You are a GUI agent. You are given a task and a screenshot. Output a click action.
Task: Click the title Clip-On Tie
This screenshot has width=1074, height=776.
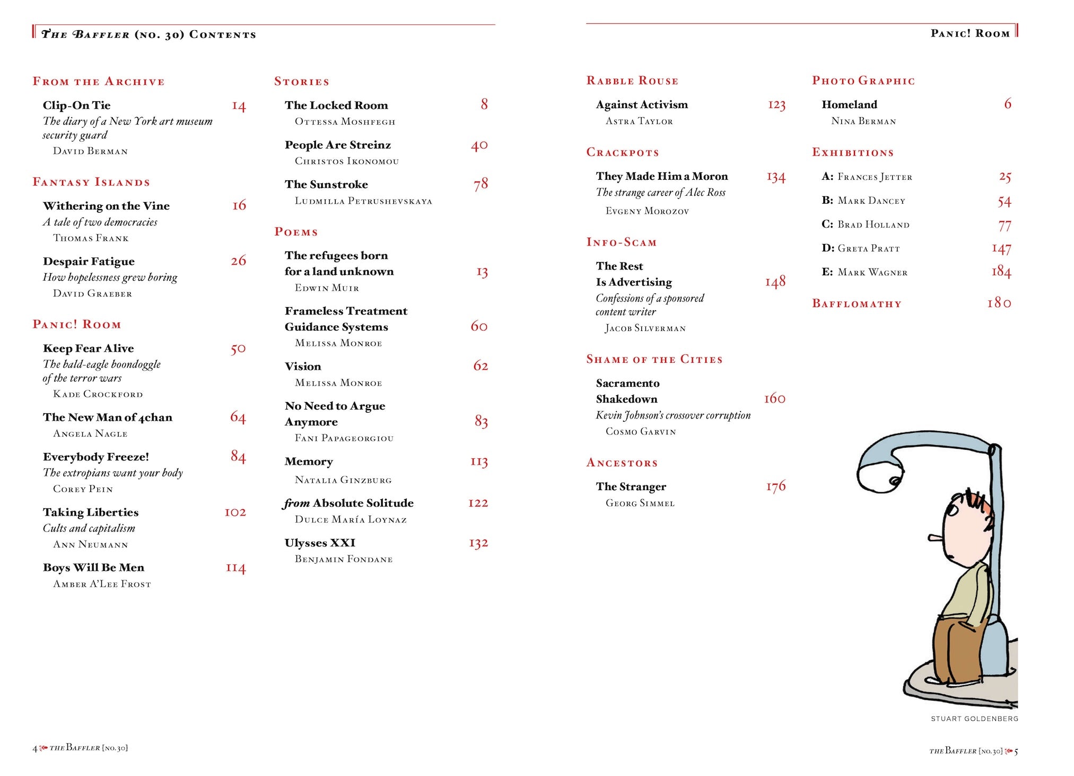pyautogui.click(x=77, y=106)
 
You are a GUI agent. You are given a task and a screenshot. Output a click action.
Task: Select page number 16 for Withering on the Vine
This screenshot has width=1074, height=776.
pyautogui.click(x=239, y=205)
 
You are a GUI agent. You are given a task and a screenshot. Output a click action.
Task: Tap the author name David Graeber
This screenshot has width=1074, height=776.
pyautogui.click(x=92, y=294)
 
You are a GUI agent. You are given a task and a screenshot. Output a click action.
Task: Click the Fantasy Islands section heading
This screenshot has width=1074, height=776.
pyautogui.click(x=91, y=182)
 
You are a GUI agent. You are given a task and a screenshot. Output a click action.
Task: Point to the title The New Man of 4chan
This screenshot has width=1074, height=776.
pyautogui.click(x=108, y=417)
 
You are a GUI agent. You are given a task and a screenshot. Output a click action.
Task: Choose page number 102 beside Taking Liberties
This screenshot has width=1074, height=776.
pyautogui.click(x=235, y=512)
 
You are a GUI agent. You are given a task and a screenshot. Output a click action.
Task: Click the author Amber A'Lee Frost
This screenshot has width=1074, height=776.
pyautogui.click(x=102, y=584)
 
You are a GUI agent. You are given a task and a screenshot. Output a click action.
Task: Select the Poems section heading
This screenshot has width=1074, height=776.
pyautogui.click(x=296, y=232)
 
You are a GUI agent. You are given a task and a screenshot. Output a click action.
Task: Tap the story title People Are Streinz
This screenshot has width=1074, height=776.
pyautogui.click(x=338, y=145)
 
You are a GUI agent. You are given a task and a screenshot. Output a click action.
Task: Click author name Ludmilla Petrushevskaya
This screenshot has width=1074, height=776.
pyautogui.click(x=363, y=201)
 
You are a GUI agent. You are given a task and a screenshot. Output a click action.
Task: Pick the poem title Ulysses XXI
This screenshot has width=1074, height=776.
pyautogui.click(x=320, y=543)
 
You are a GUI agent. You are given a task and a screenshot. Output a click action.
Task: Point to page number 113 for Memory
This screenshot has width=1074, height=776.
pyautogui.click(x=479, y=462)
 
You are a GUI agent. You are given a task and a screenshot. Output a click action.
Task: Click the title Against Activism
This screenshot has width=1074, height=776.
pyautogui.click(x=642, y=105)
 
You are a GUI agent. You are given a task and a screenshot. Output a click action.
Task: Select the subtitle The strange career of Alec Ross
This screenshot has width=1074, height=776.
pyautogui.click(x=660, y=193)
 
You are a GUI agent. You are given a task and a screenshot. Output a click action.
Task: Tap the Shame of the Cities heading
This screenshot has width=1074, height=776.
pyautogui.click(x=654, y=360)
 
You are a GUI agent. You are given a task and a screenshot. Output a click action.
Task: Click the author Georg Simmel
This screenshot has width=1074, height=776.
pyautogui.click(x=640, y=503)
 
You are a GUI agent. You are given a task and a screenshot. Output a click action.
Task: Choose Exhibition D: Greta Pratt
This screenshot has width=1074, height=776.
pyautogui.click(x=861, y=248)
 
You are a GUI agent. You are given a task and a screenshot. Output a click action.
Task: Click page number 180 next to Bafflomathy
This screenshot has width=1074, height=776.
pyautogui.click(x=999, y=303)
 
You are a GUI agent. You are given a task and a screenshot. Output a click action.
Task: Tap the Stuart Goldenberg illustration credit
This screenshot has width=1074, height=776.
pyautogui.click(x=974, y=719)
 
